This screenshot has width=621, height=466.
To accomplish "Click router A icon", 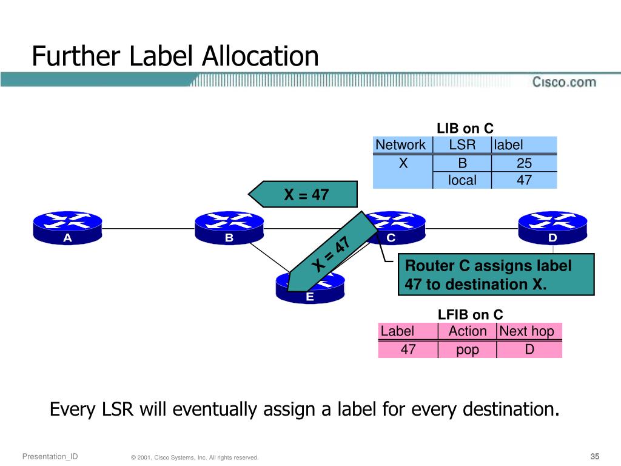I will pos(67,228).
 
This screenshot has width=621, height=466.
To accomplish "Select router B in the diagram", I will pos(229,228).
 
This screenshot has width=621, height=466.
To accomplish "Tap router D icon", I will pos(552,228).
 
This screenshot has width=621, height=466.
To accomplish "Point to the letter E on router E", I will pos(310,297).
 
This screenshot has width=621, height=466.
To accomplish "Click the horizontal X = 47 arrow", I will pos(304,195).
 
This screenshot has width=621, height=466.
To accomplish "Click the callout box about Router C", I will pos(495,275).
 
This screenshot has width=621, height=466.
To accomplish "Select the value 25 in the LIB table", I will pos(524,163).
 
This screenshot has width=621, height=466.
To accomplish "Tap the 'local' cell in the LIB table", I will pos(462,180).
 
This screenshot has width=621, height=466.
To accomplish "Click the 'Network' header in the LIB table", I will pos(400,145).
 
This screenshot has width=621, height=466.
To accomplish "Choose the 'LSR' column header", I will pos(462,145).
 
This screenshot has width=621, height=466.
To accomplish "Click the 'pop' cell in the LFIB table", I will pos(467,350).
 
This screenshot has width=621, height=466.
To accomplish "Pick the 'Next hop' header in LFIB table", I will pos(526,331).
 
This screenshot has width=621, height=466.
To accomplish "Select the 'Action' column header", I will pos(467,331).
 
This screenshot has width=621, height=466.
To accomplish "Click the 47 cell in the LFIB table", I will pos(408,349).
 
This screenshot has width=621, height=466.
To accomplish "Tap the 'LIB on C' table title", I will pos(465,129).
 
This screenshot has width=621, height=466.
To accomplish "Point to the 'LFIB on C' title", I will pos(471,314).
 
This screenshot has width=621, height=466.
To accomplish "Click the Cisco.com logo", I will pos(564,82).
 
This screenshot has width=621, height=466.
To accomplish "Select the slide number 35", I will pos(594,456).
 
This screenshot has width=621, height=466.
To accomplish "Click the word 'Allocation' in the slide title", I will pos(260,56).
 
